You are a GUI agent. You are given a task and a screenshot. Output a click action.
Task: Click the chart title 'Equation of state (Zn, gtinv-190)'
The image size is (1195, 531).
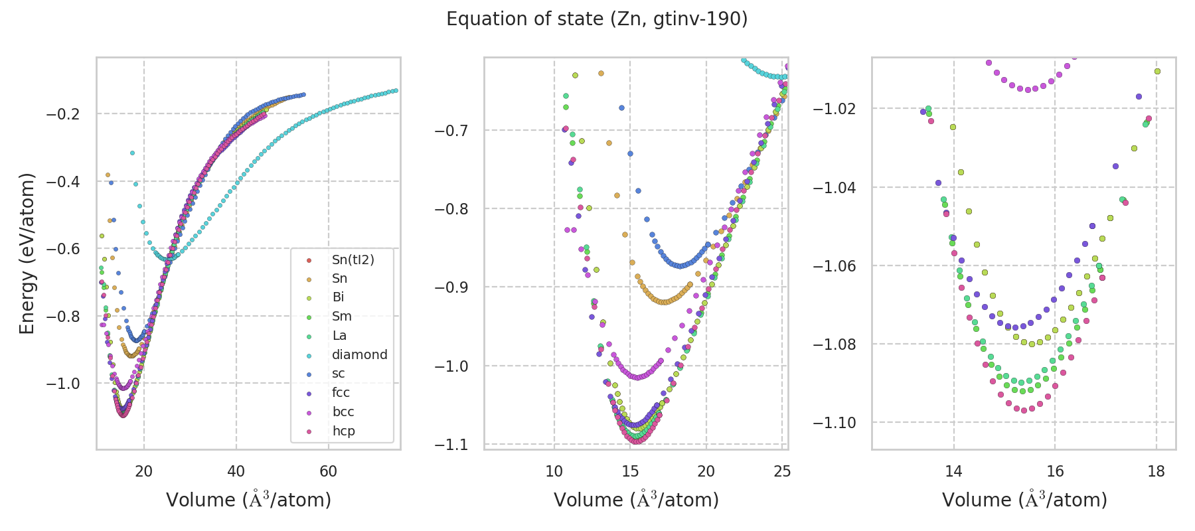click(x=597, y=19)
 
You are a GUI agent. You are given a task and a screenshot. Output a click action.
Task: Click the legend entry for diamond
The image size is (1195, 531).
click(x=359, y=354)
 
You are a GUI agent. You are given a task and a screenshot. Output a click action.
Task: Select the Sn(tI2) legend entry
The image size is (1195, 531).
click(x=353, y=260)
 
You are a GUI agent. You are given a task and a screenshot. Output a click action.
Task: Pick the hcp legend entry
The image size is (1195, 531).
click(x=343, y=431)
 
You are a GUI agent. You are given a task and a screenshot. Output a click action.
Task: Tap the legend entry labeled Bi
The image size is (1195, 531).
click(x=338, y=297)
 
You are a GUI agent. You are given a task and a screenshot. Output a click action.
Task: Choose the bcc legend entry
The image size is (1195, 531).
click(x=343, y=412)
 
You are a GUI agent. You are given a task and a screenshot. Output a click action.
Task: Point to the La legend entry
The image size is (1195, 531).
click(x=339, y=335)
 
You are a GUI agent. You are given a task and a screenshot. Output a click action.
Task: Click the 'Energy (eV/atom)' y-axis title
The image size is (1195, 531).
click(x=27, y=254)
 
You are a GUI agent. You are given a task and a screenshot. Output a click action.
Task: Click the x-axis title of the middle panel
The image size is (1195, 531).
click(x=636, y=500)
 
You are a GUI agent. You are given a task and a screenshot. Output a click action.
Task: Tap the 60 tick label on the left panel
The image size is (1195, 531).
click(x=328, y=471)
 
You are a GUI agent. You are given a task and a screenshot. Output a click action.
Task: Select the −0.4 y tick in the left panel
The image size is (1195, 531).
click(x=63, y=181)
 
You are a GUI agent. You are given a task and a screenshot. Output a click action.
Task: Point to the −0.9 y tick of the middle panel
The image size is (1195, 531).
click(x=451, y=287)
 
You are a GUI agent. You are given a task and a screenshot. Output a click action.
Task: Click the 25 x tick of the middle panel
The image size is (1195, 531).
click(x=782, y=471)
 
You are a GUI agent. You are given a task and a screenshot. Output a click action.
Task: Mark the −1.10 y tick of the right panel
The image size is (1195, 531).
click(x=836, y=423)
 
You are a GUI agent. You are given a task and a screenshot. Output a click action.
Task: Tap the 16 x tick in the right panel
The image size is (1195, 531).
click(x=1055, y=471)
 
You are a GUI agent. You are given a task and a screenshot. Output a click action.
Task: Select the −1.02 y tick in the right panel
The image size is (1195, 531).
click(x=836, y=108)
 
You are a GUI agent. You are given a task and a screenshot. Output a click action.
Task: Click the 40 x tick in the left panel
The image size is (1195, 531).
click(x=236, y=471)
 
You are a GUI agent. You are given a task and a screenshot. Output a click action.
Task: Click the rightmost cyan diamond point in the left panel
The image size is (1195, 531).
click(x=396, y=90)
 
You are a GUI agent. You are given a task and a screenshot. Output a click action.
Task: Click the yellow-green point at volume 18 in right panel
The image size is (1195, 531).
click(x=1157, y=71)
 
